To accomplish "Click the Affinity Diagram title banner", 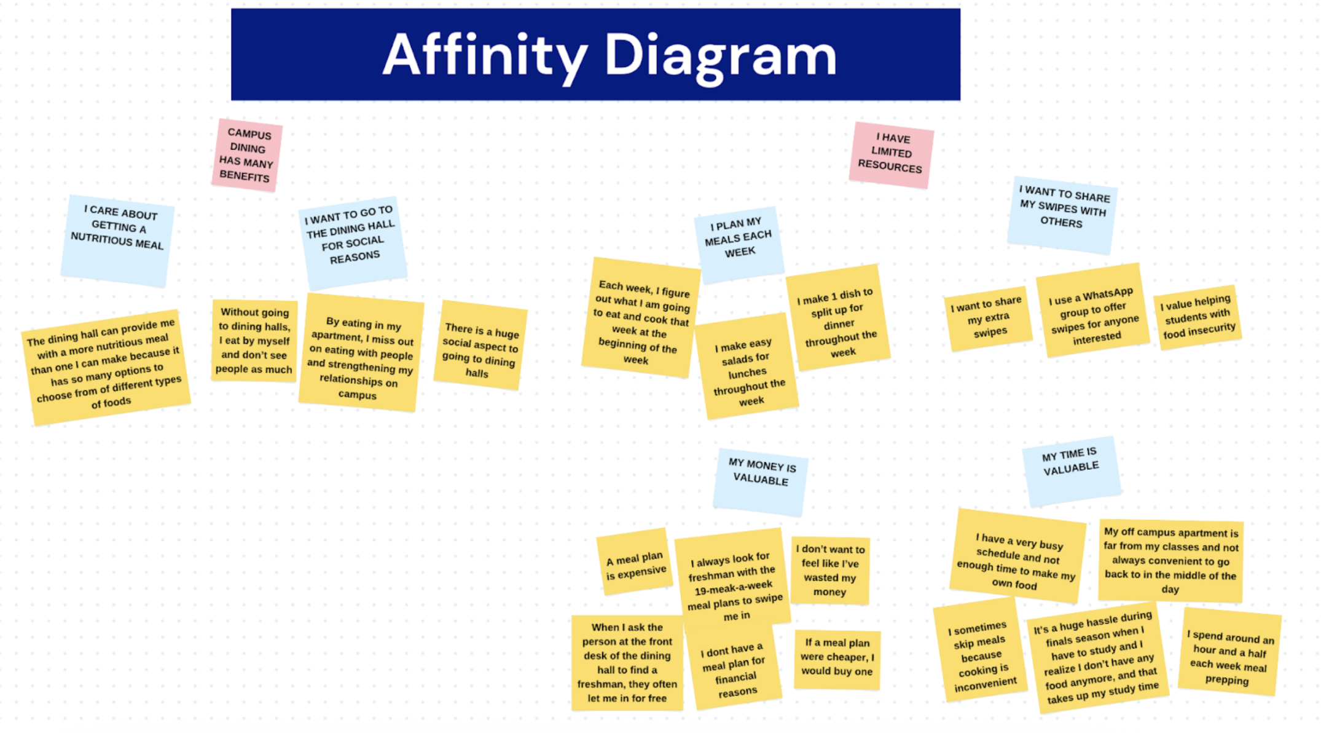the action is (x=595, y=54).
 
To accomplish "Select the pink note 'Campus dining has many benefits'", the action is (x=246, y=155).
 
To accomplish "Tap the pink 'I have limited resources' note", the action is (x=891, y=154).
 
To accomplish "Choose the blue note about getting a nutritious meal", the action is (x=117, y=240).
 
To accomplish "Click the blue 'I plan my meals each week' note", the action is (x=739, y=243).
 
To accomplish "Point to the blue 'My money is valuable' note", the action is (x=761, y=480).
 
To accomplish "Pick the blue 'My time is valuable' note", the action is (x=1071, y=469).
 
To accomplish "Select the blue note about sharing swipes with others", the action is (x=1062, y=214).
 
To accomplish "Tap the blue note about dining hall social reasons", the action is (x=352, y=241).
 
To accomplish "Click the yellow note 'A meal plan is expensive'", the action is (x=635, y=562).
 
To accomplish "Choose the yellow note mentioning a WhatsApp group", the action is (x=1093, y=311).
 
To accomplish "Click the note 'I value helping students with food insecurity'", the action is (x=1198, y=317).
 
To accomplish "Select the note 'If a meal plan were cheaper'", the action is (x=837, y=658).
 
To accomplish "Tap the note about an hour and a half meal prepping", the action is (x=1229, y=653).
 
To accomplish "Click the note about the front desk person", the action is (x=627, y=662).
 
